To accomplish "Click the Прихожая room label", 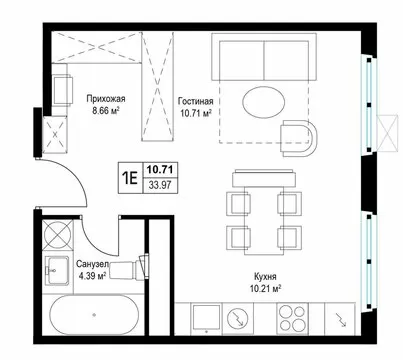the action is pyautogui.click(x=106, y=99).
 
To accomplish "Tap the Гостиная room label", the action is pyautogui.click(x=195, y=101).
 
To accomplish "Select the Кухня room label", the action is pyautogui.click(x=265, y=277).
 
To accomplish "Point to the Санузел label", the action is pyautogui.click(x=92, y=265).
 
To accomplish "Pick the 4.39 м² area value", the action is pyautogui.click(x=92, y=276).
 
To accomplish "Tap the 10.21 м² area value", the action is pyautogui.click(x=265, y=288).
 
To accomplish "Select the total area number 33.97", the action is pyautogui.click(x=160, y=185).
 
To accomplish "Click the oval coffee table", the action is pyautogui.click(x=264, y=103).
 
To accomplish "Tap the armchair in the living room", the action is pyautogui.click(x=298, y=138).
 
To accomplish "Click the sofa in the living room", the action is pyautogui.click(x=264, y=57).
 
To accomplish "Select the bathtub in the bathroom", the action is pyautogui.click(x=94, y=314).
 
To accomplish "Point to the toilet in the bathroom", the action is pyautogui.click(x=129, y=268).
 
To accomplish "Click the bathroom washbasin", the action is pyautogui.click(x=57, y=270).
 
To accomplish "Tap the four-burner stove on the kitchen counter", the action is pyautogui.click(x=293, y=318).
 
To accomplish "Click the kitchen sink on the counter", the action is pyautogui.click(x=207, y=318).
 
